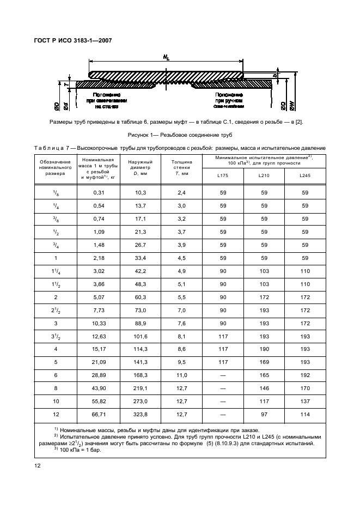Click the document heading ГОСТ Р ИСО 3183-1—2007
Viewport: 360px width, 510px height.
click(73, 40)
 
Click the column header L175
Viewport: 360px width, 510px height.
click(223, 175)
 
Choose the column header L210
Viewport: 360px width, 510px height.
click(264, 175)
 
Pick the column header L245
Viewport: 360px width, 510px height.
click(304, 175)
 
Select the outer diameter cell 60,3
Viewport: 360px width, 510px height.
click(141, 297)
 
